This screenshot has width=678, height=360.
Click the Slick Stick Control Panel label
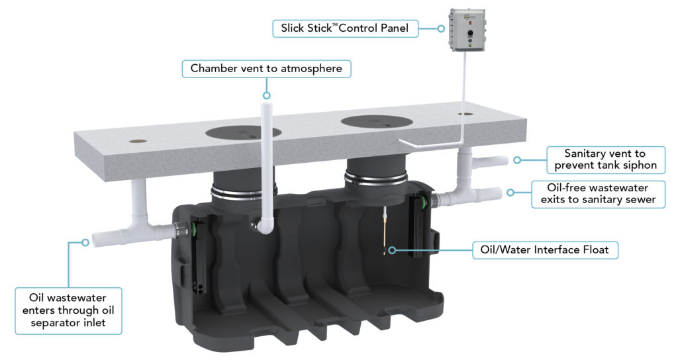pyautogui.click(x=345, y=28)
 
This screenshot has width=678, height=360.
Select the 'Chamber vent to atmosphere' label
pyautogui.click(x=267, y=68)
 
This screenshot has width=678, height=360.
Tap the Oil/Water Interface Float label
pyautogui.click(x=545, y=250)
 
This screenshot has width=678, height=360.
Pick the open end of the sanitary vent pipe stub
pyautogui.click(x=504, y=160)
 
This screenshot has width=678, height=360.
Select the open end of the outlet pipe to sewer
pyautogui.click(x=498, y=194)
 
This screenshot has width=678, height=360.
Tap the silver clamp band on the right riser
pyautogui.click(x=376, y=179)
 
